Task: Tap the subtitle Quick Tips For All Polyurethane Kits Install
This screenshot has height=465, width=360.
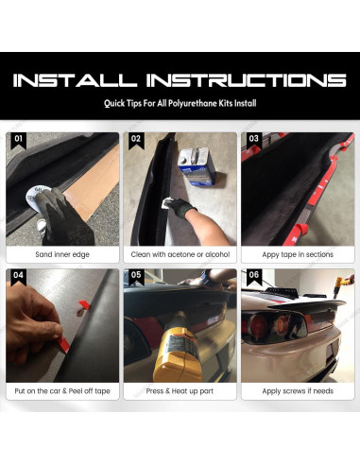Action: tap(180, 105)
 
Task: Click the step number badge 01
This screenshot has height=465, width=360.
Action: tap(17, 139)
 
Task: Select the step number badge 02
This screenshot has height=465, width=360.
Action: tap(135, 139)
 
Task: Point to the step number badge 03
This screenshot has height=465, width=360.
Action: tap(253, 139)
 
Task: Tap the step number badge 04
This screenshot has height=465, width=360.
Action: tap(17, 276)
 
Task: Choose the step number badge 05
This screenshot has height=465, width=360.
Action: tap(135, 276)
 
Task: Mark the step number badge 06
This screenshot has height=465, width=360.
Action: tap(253, 276)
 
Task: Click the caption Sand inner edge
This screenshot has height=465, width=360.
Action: tap(61, 254)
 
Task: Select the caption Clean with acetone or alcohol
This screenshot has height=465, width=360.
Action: tap(180, 254)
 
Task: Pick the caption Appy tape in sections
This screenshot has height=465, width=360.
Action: tap(297, 254)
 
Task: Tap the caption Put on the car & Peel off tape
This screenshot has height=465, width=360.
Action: tap(61, 390)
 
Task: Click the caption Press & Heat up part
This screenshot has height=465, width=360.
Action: tap(180, 390)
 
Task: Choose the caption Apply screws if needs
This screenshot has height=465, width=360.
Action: tap(297, 390)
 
